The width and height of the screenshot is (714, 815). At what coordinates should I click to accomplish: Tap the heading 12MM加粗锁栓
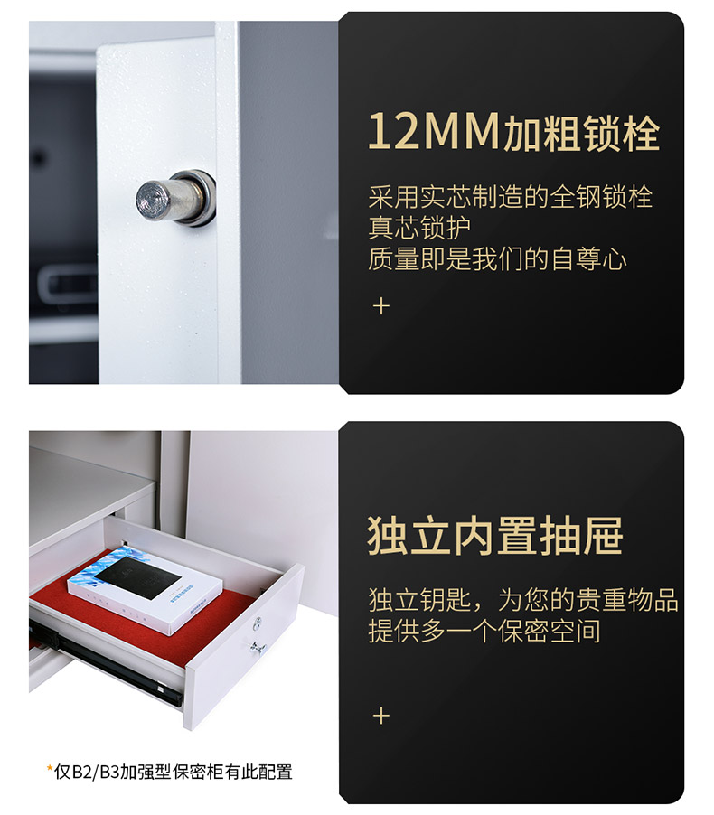click(x=513, y=132)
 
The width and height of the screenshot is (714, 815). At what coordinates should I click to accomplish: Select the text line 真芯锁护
click(x=419, y=228)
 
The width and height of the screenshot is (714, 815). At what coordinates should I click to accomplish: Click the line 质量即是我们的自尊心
click(x=497, y=258)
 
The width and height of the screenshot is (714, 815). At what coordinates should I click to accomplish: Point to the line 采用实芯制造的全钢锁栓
click(x=510, y=197)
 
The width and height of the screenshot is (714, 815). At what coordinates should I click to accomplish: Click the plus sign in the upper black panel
click(x=381, y=306)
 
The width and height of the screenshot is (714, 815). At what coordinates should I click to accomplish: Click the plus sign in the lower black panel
click(x=381, y=716)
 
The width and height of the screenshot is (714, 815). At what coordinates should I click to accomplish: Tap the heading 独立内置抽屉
click(x=495, y=536)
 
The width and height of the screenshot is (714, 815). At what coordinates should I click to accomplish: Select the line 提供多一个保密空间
click(x=484, y=631)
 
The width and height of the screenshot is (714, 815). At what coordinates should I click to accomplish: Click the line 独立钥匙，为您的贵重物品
click(x=523, y=600)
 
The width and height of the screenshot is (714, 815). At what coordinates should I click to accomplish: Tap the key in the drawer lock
click(x=258, y=648)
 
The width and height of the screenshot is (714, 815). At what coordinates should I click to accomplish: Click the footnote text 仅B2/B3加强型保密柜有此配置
click(x=174, y=772)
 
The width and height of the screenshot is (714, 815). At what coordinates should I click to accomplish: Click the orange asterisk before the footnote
click(x=50, y=768)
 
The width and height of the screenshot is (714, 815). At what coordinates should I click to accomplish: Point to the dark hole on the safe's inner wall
click(x=39, y=157)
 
